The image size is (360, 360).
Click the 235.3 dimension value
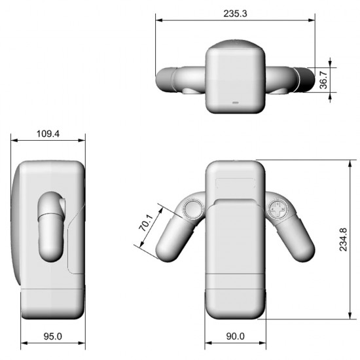tap(235, 14)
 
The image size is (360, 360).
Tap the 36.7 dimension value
tap(323, 80)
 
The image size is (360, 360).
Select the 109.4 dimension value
tap(48, 134)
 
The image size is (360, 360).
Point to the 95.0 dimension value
tap(53, 336)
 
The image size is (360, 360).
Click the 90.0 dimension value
tap(236, 336)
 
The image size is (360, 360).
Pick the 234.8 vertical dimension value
tap(343, 240)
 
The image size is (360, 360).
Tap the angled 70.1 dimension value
tap(146, 223)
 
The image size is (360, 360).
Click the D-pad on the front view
tap(278, 209)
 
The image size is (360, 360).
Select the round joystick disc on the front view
tap(193, 209)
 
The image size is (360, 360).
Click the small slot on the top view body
tap(236, 103)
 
